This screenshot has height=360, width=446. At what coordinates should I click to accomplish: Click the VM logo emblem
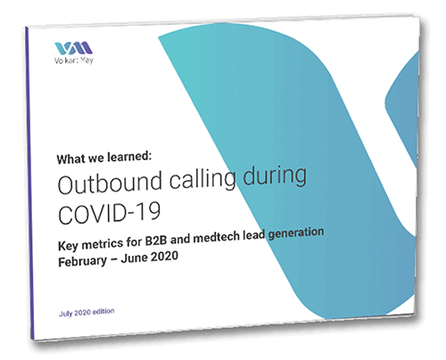coord(73,48)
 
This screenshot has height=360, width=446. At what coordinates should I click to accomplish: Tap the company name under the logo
coord(74,61)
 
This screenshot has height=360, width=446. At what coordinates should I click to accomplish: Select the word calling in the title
coord(203,180)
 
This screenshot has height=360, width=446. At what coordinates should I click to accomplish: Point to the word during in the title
coord(275,176)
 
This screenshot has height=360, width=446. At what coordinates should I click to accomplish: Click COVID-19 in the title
coord(110,212)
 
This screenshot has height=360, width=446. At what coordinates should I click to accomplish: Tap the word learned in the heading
coord(129,157)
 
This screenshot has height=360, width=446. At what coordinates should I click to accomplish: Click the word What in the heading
coord(70,160)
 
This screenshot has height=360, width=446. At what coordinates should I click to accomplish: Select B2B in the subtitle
coord(156,241)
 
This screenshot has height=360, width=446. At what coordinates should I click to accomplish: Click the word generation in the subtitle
coord(296,233)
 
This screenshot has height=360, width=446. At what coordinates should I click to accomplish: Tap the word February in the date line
coord(82,262)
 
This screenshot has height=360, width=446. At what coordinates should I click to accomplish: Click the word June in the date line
coord(133,258)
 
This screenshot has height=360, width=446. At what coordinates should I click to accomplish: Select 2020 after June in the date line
coord(163,257)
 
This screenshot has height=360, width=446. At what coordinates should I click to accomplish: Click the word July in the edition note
coord(65,314)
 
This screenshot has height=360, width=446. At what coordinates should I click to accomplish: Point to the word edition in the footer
coord(103,312)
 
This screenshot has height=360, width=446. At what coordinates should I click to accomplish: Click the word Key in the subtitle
coord(68,246)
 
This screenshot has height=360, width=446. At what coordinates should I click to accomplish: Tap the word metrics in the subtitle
coord(102,244)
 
